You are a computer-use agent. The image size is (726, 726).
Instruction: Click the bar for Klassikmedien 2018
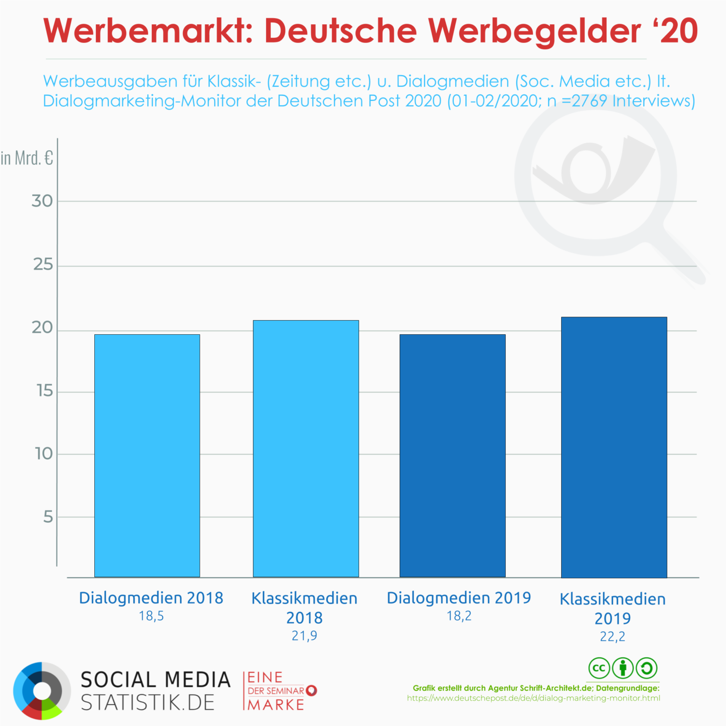point(306,448)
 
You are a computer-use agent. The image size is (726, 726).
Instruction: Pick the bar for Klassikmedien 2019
point(614,447)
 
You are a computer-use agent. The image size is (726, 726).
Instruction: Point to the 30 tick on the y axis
point(42,201)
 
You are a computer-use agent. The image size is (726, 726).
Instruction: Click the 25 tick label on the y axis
point(43,265)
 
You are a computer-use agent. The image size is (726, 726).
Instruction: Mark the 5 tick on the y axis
point(48,517)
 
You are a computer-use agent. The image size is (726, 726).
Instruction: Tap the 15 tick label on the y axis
point(45,391)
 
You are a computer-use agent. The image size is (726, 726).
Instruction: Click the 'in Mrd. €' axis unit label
point(27,158)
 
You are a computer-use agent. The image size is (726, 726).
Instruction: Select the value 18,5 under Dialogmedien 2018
point(151,616)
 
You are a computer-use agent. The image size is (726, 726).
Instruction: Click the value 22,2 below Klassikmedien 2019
point(612,637)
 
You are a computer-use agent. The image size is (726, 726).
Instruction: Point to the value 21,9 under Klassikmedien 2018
point(304,636)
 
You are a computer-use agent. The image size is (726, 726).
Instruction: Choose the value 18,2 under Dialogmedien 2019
point(459,616)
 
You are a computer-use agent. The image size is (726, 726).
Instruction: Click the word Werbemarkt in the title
point(148,31)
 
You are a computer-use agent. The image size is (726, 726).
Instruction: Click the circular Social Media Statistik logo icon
point(42,691)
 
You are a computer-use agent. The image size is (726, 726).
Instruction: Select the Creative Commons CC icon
point(599,669)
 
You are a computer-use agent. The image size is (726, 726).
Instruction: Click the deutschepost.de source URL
point(533,698)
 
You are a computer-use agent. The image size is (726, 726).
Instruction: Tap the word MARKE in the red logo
point(276,705)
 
